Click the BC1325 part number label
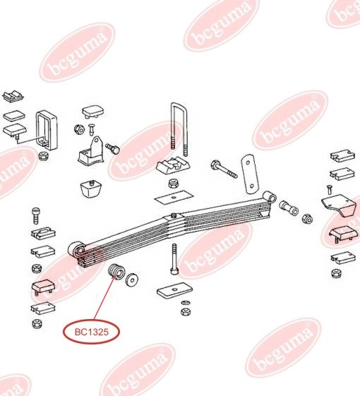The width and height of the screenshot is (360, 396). tap(92, 332)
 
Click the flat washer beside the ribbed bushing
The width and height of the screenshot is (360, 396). tap(131, 280)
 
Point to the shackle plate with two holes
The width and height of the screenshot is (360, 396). tap(250, 174)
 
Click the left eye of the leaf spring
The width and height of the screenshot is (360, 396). tap(77, 249)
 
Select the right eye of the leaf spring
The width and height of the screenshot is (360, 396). tap(270, 197)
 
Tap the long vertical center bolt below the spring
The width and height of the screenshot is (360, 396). tap(174, 259)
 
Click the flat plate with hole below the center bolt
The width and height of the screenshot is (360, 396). tap(174, 289)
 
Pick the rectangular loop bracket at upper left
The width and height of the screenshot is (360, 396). tap(47, 131)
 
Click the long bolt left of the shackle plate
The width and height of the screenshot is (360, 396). tap(224, 169)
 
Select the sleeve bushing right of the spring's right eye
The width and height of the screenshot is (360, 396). tap(289, 208)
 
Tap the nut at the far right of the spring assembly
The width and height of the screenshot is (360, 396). tap(308, 218)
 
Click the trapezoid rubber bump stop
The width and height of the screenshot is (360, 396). tap(90, 188)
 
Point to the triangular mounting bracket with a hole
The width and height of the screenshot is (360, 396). tap(92, 152)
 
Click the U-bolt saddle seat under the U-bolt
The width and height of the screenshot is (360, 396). tap(172, 166)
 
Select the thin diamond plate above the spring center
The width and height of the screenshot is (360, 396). tap(174, 196)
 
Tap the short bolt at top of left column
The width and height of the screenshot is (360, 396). tap(36, 216)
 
